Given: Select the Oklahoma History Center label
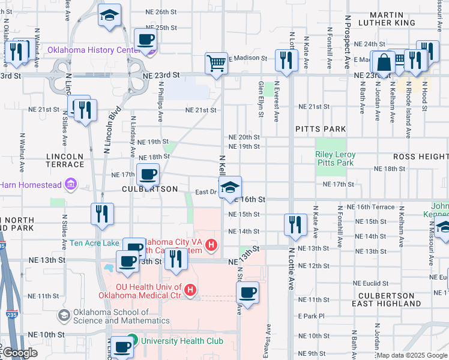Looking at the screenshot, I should click(100, 50).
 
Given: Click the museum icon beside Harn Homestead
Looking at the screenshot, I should click(71, 183).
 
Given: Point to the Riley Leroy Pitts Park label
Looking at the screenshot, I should click(335, 158).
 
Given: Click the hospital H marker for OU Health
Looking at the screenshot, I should click(190, 290).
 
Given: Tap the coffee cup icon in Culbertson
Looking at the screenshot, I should click(148, 176).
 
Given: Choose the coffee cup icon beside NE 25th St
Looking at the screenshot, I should click(145, 40).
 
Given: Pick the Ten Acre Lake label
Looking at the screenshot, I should click(95, 243).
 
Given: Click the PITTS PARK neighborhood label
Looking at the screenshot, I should click(321, 129).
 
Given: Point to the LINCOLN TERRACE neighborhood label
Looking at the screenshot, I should click(64, 160).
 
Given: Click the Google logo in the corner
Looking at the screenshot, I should click(20, 353).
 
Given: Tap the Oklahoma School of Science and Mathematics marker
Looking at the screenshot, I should click(65, 315).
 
